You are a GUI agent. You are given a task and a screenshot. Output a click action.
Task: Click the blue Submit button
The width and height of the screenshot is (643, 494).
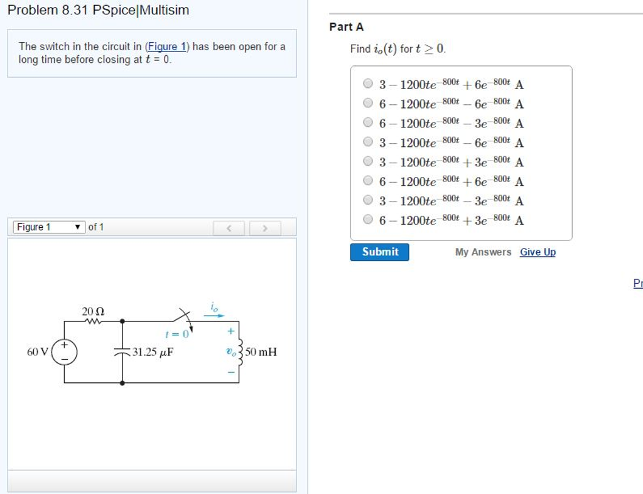tap(379, 252)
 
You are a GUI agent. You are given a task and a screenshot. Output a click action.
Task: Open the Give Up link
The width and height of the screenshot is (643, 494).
tap(538, 252)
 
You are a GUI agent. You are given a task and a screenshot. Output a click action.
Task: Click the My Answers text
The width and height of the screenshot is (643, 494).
tap(483, 252)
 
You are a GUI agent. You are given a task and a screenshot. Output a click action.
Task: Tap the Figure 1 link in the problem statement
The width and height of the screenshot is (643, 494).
tap(166, 46)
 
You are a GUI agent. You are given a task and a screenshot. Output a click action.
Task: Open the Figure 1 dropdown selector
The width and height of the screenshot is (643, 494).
tap(49, 227)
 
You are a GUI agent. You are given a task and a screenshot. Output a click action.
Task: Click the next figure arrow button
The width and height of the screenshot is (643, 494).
tap(264, 227)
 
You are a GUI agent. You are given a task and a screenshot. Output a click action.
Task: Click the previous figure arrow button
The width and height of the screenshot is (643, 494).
tap(230, 227)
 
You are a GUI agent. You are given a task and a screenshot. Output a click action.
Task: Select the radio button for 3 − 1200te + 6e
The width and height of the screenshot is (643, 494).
tap(368, 83)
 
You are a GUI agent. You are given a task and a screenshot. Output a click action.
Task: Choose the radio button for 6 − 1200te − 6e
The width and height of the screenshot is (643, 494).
tap(368, 103)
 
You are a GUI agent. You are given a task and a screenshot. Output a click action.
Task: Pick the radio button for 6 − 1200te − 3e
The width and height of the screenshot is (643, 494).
tap(368, 122)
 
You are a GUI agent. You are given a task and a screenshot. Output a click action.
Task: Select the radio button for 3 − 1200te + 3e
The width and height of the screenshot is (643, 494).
tap(368, 161)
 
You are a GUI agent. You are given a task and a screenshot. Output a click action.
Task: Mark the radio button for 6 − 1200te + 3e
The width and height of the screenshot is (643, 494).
tap(368, 220)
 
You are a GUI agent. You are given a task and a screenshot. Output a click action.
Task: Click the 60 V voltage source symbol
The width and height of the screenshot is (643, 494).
tap(64, 352)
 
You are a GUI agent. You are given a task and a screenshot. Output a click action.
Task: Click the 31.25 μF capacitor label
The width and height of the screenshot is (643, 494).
tap(153, 352)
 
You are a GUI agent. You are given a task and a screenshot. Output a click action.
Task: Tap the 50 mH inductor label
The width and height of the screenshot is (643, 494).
tap(261, 352)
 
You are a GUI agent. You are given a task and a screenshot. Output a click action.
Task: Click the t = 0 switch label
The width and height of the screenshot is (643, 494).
tap(176, 334)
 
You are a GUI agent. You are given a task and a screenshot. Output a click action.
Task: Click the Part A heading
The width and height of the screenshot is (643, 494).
tap(346, 27)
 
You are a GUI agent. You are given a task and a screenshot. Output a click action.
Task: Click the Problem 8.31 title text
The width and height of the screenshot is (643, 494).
tap(98, 10)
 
